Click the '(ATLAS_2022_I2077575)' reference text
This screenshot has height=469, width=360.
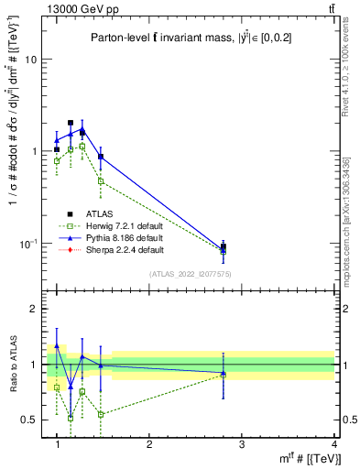pos(191,273)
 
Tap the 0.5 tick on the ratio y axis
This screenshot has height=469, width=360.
pos(28,420)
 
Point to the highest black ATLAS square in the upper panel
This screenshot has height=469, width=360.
pos(71,122)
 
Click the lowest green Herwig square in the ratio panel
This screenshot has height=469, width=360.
pos(71,417)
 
